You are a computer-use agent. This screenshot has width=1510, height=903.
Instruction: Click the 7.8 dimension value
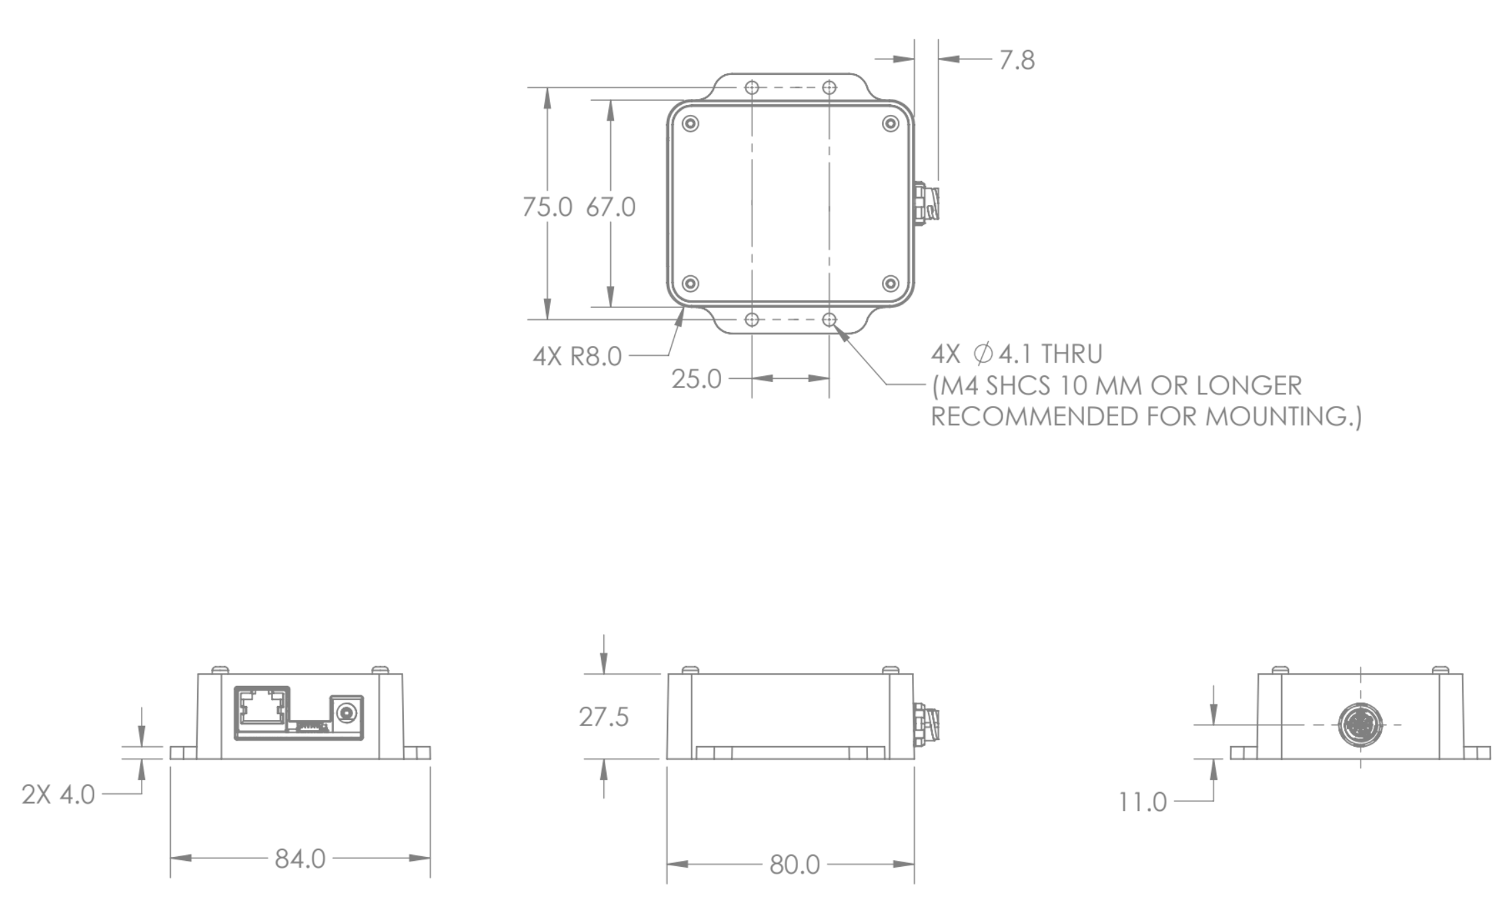point(1016,60)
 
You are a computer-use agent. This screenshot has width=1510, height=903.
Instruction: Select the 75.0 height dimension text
point(547,207)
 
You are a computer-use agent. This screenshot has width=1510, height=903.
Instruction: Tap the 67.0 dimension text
point(610,207)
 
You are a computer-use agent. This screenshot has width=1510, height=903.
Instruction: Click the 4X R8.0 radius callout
point(577,357)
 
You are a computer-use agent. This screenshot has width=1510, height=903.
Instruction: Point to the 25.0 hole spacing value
point(696,379)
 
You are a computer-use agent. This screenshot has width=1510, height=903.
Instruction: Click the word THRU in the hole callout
point(1071,354)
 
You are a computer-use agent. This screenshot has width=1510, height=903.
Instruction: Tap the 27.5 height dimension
point(603,717)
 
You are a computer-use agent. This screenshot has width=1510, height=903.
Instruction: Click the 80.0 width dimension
point(794,865)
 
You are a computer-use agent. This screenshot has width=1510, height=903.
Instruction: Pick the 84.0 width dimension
point(300,859)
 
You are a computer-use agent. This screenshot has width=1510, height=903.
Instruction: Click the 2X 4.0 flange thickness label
point(58,795)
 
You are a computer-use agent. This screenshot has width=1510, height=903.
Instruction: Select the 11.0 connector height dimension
point(1142,802)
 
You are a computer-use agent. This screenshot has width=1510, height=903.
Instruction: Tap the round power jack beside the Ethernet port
point(346,714)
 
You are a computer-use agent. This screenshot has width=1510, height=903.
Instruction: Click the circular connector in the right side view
point(1360,725)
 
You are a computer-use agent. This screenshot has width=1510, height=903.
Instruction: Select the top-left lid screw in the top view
point(691,124)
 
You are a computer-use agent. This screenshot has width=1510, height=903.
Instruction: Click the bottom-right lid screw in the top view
point(891,284)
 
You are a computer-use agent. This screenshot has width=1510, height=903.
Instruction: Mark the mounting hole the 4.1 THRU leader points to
point(829,320)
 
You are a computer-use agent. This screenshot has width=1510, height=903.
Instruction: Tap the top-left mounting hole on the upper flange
point(752,87)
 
